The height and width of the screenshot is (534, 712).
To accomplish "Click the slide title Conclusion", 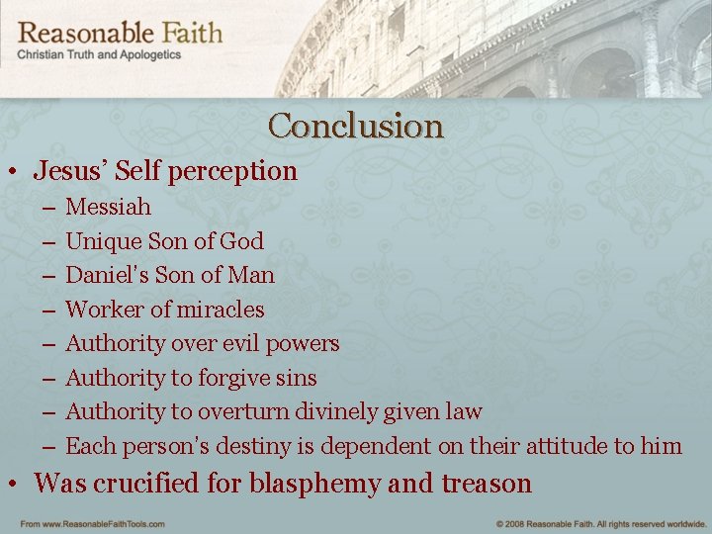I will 355,127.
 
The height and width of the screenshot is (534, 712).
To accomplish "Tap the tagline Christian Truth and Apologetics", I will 99,55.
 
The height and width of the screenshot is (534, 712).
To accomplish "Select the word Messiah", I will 108,208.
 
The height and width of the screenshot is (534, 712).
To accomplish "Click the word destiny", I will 248,446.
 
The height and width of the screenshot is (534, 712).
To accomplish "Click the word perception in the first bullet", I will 232,172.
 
